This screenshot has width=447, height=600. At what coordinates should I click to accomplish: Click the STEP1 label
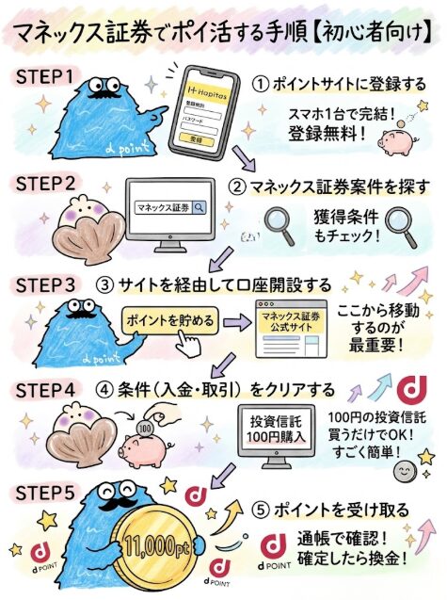pyautogui.click(x=44, y=77)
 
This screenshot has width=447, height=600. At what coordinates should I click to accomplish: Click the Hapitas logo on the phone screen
pyautogui.click(x=207, y=92)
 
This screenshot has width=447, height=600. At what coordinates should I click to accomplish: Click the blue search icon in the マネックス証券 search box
pyautogui.click(x=199, y=207)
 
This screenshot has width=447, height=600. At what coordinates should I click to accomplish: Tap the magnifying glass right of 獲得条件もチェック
pyautogui.click(x=400, y=227)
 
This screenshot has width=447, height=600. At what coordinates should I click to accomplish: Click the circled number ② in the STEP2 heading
pyautogui.click(x=236, y=187)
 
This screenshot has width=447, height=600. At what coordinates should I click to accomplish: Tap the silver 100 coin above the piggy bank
pyautogui.click(x=144, y=429)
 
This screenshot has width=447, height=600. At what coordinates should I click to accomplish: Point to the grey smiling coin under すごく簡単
pyautogui.click(x=405, y=471)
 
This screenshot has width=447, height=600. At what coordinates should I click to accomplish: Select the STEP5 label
pyautogui.click(x=45, y=493)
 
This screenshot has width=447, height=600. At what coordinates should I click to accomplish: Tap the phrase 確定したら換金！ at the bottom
pyautogui.click(x=352, y=559)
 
